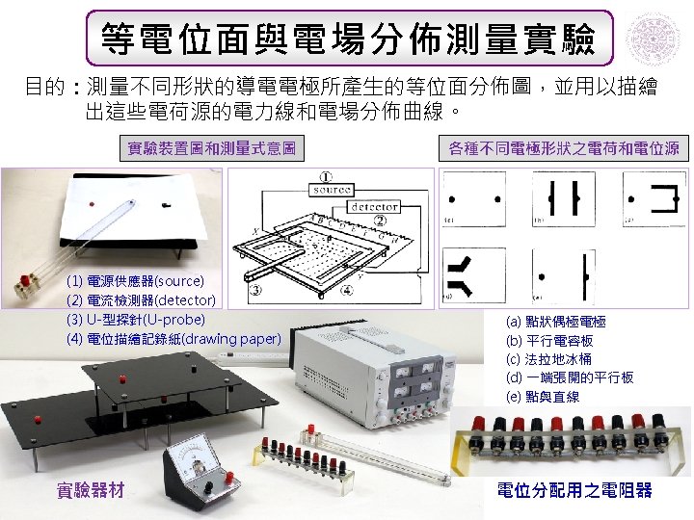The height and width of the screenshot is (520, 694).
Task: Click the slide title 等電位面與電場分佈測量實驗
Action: point(348,39)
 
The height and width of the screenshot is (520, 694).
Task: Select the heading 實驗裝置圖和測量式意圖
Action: point(211,148)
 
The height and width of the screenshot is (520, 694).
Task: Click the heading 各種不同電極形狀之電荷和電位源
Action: point(564,148)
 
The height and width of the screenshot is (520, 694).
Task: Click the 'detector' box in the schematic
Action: point(374,207)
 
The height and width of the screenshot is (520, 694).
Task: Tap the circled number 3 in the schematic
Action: point(256,289)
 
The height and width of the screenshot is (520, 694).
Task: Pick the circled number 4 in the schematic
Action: point(347,289)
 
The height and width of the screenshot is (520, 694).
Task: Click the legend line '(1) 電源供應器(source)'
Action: point(135,281)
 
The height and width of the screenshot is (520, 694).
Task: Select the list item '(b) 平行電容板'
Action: point(549,340)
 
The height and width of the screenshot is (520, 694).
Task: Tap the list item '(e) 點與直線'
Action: point(543,396)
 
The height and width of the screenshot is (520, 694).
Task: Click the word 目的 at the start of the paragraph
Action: point(43,89)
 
